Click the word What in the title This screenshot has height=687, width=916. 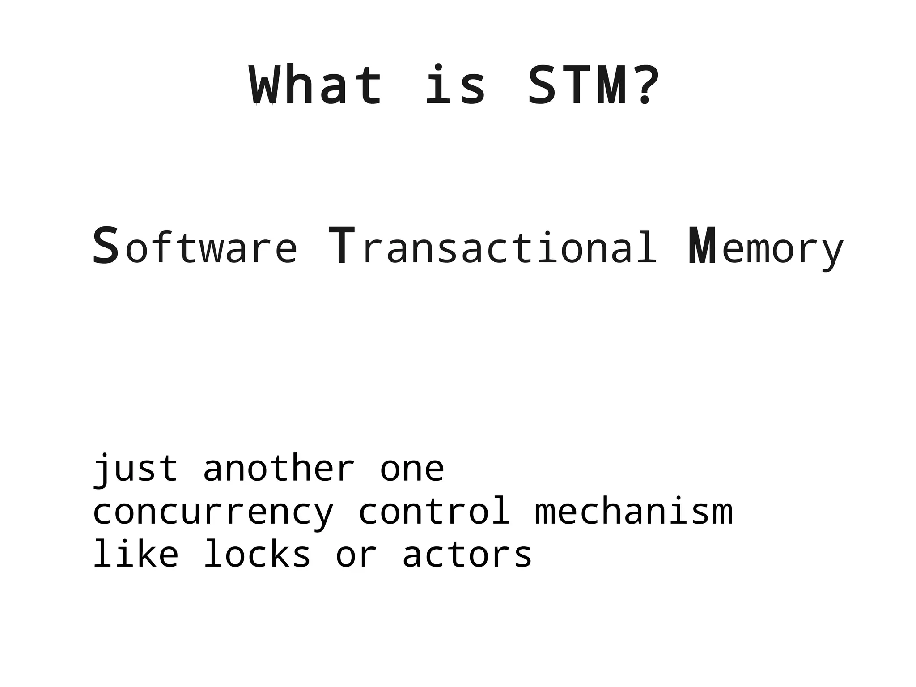(316, 85)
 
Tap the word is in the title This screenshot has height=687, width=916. (455, 85)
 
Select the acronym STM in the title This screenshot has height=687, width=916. (577, 85)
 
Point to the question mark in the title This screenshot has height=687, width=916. (646, 85)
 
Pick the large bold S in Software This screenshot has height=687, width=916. (106, 246)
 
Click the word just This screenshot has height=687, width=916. (136, 469)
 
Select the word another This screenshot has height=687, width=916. (279, 469)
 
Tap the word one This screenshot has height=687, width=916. (412, 469)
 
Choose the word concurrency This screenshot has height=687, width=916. (213, 512)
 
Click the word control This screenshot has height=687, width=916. (434, 512)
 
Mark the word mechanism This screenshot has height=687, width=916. (634, 512)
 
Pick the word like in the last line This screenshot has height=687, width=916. (136, 555)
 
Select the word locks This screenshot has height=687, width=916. (257, 555)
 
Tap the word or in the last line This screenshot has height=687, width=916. (356, 555)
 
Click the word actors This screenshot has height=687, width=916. (467, 555)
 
